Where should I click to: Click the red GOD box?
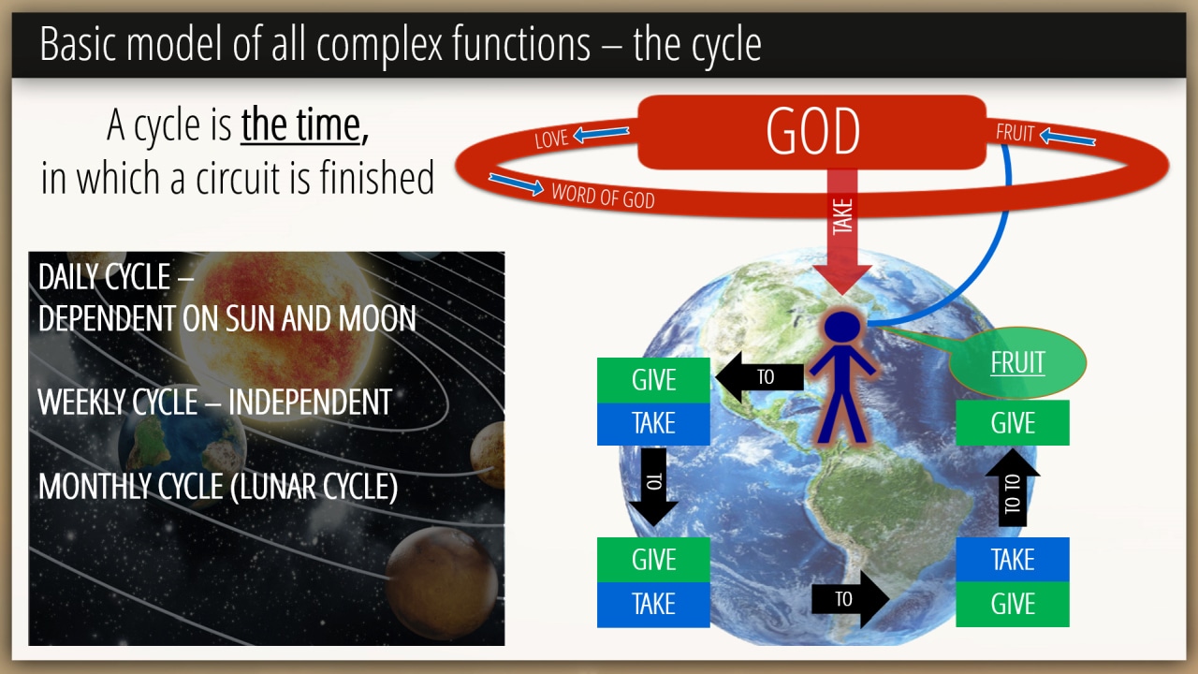pos(811,132)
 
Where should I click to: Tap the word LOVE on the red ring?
pos(551,139)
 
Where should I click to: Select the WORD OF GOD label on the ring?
pos(604,196)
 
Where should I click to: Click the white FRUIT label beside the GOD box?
pos(1015,133)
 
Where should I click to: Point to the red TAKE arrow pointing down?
pos(842,231)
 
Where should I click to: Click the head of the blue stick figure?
pos(842,327)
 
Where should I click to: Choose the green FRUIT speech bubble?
pos(1017,362)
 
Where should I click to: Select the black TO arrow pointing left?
pos(759,376)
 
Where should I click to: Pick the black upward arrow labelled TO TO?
pos(1013,488)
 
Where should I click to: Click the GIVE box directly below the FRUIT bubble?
pos(1013,422)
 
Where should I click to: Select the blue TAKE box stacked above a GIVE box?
pos(1013,560)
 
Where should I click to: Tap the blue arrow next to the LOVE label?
pos(601,133)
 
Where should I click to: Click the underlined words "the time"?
pos(301,125)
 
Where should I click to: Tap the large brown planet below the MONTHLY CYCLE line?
pos(442,583)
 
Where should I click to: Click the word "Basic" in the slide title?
pos(78,44)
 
